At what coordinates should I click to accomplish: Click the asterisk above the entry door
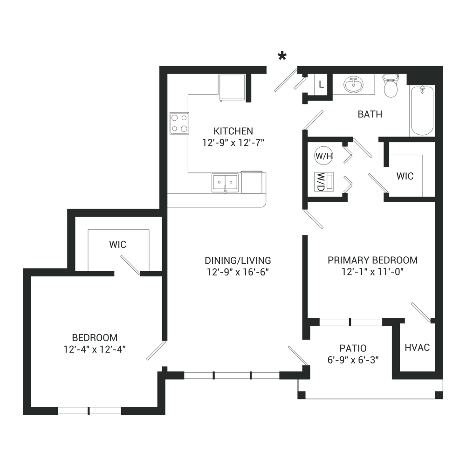click(282, 56)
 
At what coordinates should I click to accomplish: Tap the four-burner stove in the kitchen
click(179, 123)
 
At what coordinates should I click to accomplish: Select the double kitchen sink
click(225, 183)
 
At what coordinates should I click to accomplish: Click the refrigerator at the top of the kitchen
click(232, 88)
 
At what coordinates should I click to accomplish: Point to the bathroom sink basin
click(353, 84)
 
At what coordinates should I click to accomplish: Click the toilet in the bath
click(391, 86)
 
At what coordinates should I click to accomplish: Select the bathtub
click(422, 111)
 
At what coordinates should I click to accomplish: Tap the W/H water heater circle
click(324, 156)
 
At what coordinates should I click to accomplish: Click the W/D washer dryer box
click(324, 182)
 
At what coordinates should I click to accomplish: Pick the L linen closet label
click(321, 85)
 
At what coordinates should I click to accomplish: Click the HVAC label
click(417, 348)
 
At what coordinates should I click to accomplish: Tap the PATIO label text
click(353, 348)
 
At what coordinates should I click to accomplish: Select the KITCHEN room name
click(233, 131)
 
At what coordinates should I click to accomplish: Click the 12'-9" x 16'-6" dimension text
click(238, 272)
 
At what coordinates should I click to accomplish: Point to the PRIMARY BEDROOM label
click(372, 260)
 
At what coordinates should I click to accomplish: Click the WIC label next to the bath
click(405, 176)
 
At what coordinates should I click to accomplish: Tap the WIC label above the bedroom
click(118, 245)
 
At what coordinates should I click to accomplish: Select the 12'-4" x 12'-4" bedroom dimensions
click(95, 349)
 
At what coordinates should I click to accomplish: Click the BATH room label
click(370, 114)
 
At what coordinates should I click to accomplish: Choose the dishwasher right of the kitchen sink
click(252, 182)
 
